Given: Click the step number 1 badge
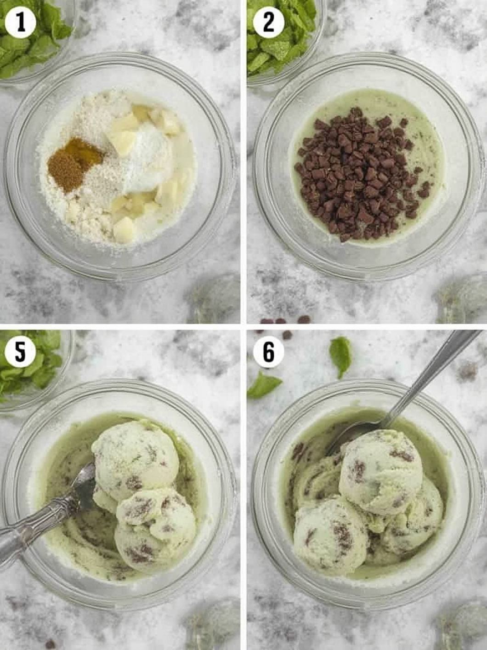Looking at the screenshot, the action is coord(20,23).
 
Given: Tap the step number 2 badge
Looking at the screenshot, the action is coord(268,23).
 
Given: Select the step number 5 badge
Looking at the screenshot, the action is coord(20,353).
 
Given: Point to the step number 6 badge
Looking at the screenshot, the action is coord(268,353).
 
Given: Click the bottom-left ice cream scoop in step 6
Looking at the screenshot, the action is coord(330,533).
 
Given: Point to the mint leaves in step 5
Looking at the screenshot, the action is coord(29,364).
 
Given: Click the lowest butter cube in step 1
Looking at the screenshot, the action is coord(124,229).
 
